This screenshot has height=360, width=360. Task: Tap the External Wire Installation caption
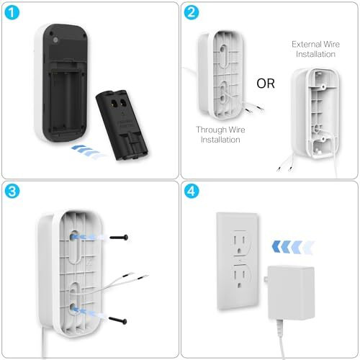315,49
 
